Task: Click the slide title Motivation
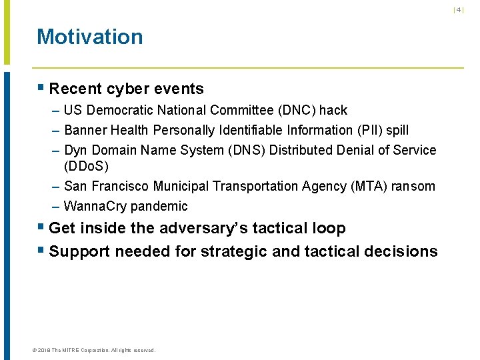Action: (89, 37)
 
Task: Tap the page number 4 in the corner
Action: (459, 9)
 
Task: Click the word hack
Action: (333, 110)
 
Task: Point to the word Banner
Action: (85, 130)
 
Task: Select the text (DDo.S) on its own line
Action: (86, 165)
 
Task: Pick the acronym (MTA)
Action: (367, 186)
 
